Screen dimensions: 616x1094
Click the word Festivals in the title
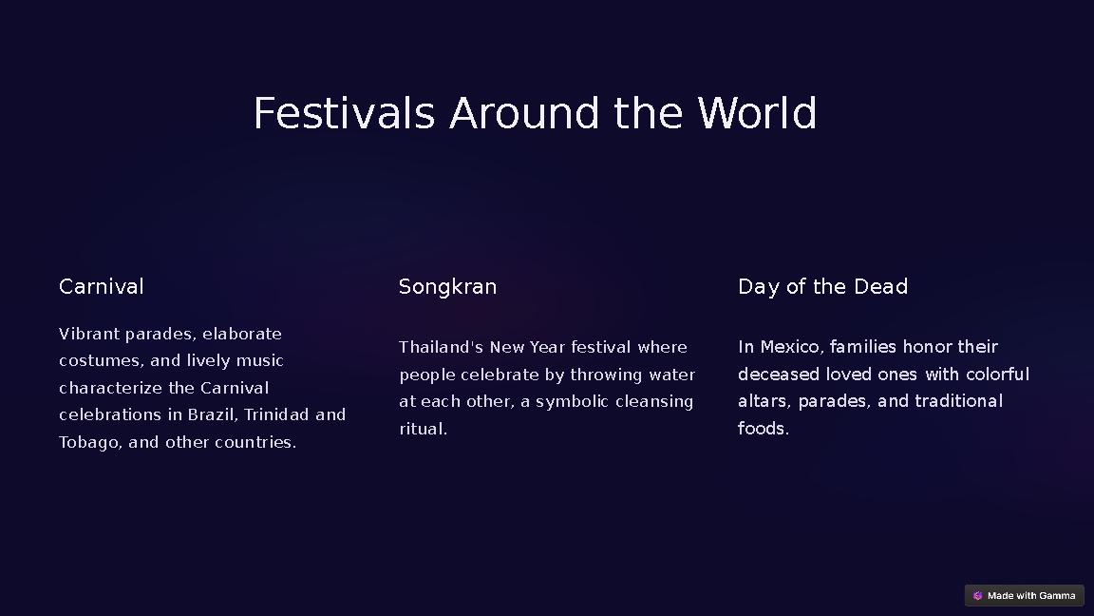[x=344, y=114]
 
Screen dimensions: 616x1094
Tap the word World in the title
[x=757, y=114]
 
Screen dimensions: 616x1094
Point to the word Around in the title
[x=524, y=114]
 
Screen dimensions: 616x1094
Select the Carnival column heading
[x=102, y=287]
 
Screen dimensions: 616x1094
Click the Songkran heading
[x=447, y=287]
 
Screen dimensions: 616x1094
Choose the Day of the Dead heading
[x=822, y=287]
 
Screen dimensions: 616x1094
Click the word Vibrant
[x=89, y=334]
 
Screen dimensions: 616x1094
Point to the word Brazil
[x=211, y=414]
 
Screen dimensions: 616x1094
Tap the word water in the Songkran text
[x=671, y=375]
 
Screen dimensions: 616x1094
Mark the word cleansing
[x=653, y=401]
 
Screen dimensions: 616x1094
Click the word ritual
[x=423, y=429]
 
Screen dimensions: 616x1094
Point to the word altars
[x=764, y=401]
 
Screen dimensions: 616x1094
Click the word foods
[x=763, y=429]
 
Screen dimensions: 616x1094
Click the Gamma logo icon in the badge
[x=977, y=596]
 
